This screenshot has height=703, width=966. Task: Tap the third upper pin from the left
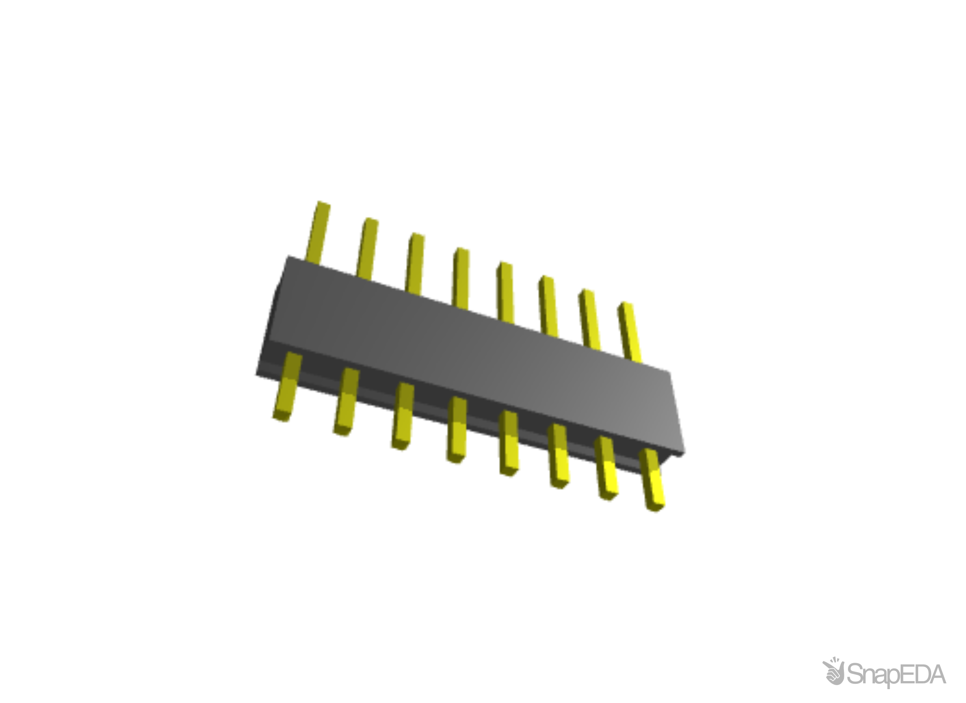(x=415, y=262)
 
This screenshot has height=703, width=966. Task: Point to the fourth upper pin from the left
(x=461, y=276)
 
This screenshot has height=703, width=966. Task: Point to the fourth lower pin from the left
(x=457, y=431)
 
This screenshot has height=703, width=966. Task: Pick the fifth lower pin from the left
(x=509, y=445)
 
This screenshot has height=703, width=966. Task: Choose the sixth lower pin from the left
(x=559, y=457)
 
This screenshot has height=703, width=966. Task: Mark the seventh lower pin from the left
(x=607, y=470)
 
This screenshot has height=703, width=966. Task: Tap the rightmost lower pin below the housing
(x=653, y=481)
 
